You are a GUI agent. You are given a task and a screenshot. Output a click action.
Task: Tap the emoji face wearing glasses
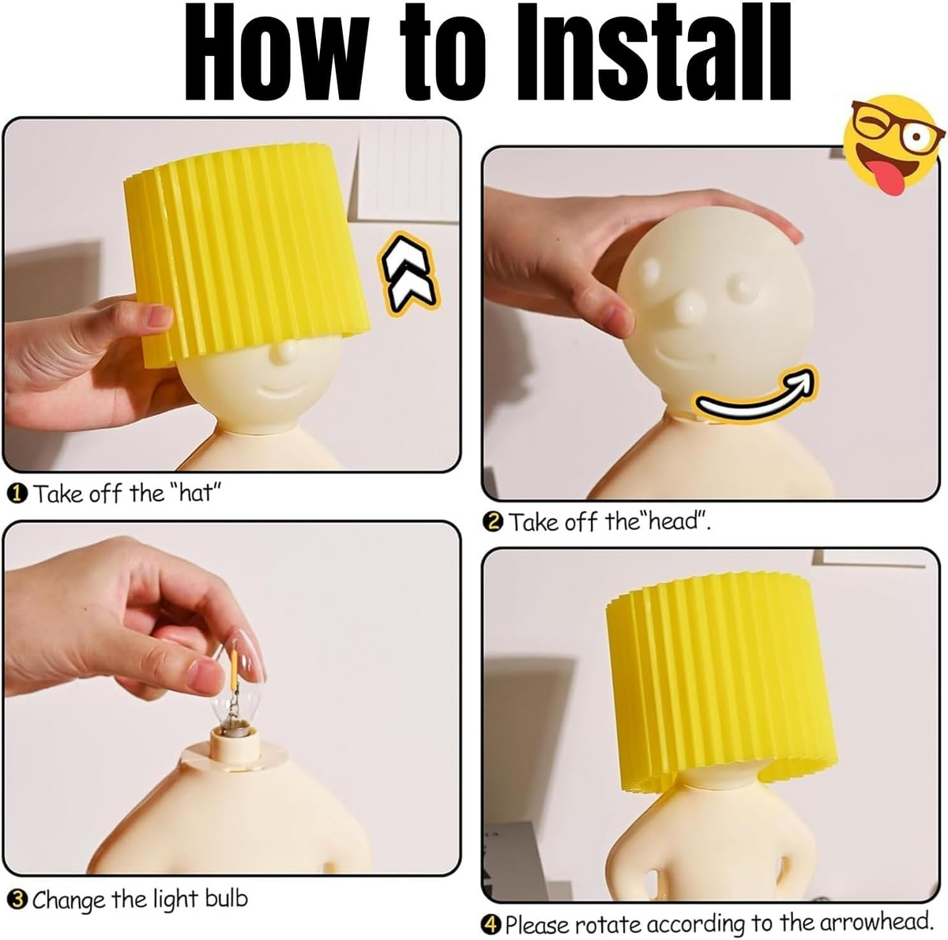coord(893,145)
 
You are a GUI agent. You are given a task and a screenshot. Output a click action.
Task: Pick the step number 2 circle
coord(492,522)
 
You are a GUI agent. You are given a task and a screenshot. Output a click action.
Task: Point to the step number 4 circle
coord(491,924)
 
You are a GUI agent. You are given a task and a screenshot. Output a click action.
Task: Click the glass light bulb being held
coord(235,686)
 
